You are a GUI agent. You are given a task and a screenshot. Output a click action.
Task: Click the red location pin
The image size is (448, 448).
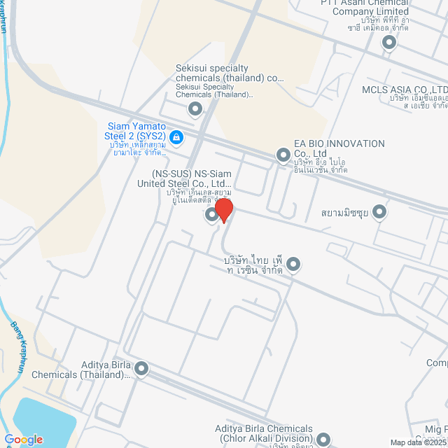pos(223,209)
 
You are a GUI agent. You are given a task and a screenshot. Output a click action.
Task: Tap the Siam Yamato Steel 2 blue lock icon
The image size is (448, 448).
pos(176,136)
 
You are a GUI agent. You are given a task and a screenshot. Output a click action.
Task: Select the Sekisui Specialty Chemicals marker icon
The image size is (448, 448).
pos(195,108)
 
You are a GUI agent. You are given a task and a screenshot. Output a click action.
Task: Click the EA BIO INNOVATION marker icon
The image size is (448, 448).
pos(283,154)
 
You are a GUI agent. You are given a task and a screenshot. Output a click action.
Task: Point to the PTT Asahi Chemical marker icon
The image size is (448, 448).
pos(389,43)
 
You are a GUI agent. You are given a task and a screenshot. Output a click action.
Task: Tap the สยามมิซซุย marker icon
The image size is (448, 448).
pos(379,211)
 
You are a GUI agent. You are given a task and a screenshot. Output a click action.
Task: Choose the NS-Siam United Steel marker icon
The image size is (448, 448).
pos(211,216)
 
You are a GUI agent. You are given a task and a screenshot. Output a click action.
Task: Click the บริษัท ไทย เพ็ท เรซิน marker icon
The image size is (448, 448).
pos(293,265)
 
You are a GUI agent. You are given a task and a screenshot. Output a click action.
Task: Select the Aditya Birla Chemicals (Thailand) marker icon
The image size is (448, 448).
pos(141,368)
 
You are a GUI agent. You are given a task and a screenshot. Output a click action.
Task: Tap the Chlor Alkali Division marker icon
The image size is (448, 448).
pos(323,440)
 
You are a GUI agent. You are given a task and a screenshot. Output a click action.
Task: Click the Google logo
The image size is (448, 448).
pos(22,440)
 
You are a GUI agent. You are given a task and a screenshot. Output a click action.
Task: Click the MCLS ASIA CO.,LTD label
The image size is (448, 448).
pos(405,90)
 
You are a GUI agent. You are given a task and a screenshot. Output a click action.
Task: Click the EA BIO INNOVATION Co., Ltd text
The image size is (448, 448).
pos(339,148)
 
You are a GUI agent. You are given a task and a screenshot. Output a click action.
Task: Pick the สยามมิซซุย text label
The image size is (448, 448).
pos(345,212)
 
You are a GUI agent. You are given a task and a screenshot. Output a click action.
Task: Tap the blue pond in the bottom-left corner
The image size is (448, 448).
pos(38,420)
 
